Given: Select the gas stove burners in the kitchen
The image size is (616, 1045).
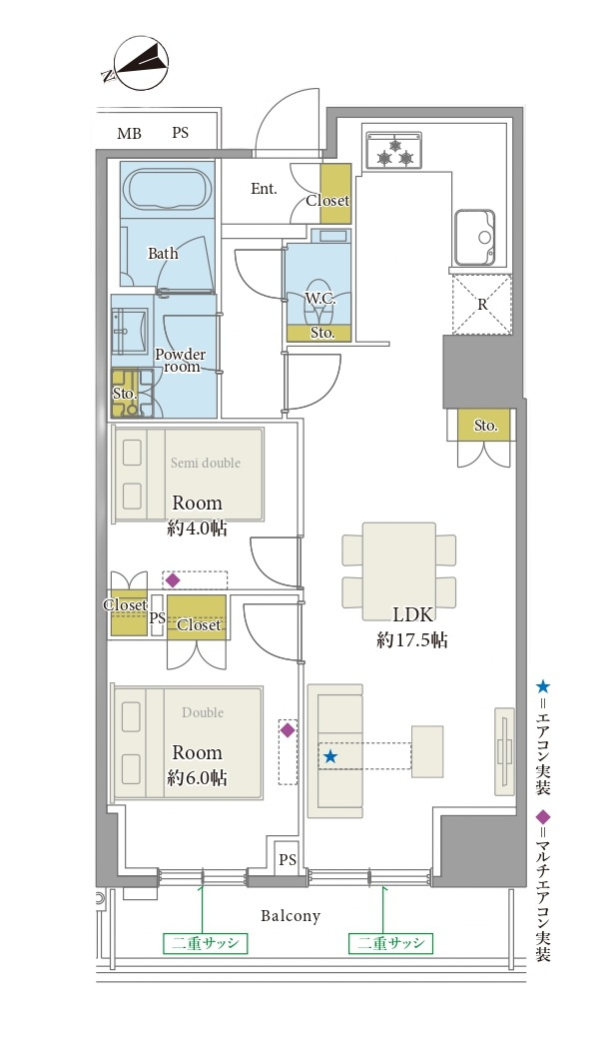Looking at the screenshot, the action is (394, 151).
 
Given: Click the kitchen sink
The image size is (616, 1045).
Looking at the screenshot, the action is (475, 238).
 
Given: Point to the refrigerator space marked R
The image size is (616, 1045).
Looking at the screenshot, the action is (482, 305).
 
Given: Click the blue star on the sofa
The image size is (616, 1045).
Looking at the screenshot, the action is (330, 756).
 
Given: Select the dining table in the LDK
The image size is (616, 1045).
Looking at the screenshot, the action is (399, 571).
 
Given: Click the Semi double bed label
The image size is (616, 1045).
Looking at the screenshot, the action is (205, 463).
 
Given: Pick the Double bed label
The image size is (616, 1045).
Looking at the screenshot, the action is (203, 712).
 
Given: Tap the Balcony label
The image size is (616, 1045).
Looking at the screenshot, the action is (291, 916).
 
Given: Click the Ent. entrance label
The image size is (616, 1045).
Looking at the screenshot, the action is (264, 189).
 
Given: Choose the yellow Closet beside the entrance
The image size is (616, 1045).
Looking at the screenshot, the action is (335, 194).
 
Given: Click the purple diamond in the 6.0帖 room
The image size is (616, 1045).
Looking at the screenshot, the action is (287, 730).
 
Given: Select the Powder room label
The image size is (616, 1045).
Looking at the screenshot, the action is (181, 360).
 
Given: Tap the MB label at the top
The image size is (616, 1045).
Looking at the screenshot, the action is (129, 133).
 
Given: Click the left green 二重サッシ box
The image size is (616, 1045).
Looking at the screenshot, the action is (205, 943).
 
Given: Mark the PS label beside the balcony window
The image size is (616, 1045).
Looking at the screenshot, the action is (288, 860).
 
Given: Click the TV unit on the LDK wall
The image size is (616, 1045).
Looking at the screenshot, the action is (504, 751).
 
